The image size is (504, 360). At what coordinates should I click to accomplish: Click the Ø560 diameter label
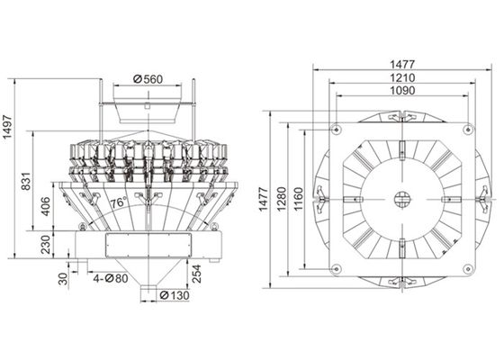(x=149, y=79)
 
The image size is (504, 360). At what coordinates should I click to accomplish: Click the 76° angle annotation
(x=117, y=204)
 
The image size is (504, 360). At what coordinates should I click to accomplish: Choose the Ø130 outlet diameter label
(x=175, y=294)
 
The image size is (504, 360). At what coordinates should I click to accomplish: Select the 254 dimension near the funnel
(x=195, y=272)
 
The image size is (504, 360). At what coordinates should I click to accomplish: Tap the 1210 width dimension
(x=400, y=77)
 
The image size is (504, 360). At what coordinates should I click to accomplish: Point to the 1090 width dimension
(x=400, y=92)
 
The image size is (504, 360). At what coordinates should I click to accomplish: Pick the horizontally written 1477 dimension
(x=400, y=63)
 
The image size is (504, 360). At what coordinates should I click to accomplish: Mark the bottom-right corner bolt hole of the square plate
(x=466, y=267)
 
